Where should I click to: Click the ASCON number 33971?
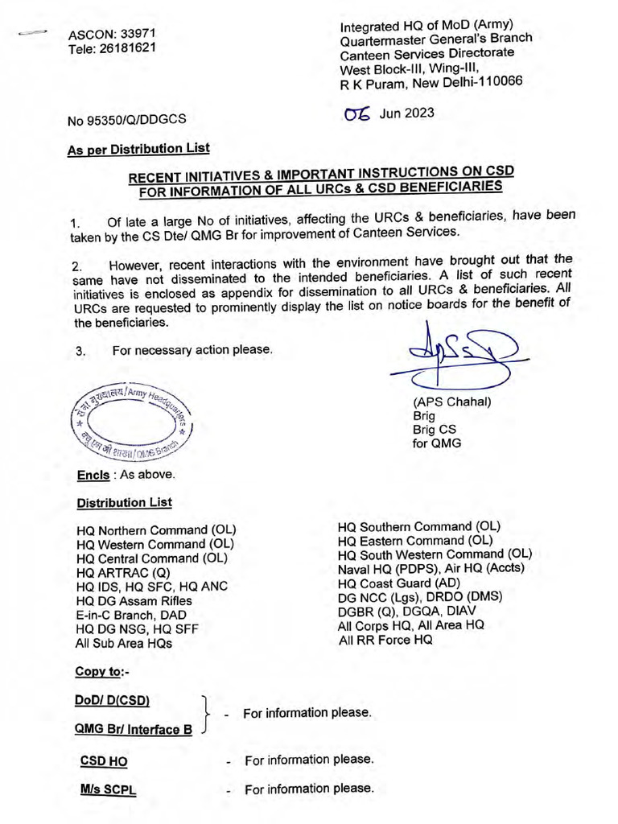137,35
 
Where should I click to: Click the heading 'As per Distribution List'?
138,148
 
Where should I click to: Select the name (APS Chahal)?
451,402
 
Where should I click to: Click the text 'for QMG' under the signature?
437,443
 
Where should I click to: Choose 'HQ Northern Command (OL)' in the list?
156,531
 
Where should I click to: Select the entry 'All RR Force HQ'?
385,640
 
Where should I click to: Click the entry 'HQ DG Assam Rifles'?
134,600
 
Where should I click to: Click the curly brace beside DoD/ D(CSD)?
208,713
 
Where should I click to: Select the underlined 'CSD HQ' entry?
104,761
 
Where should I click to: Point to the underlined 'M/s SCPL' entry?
108,789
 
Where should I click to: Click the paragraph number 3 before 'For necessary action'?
80,351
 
